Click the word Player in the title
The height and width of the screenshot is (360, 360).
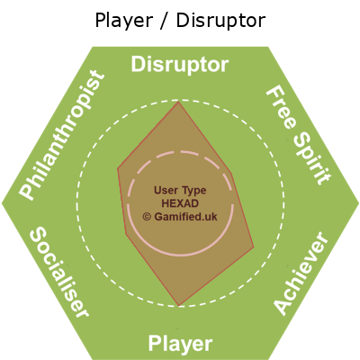point(124,21)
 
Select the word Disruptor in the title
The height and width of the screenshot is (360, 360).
point(220,21)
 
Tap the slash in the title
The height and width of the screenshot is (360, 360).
point(165,21)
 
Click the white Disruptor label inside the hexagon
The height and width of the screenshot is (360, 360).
point(180,64)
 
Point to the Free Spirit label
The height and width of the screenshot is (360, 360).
point(299,136)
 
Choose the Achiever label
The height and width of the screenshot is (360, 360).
point(301,274)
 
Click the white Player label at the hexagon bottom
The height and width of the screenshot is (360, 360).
point(180,344)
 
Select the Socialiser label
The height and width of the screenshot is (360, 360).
point(59,272)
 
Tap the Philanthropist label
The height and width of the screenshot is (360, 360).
point(62,135)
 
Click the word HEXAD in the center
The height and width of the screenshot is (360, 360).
point(180,203)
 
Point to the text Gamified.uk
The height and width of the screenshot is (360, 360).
point(185,217)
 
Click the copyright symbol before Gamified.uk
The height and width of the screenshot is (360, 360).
point(147,217)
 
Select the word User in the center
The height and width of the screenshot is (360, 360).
point(164,190)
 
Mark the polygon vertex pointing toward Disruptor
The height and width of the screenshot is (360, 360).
point(178,102)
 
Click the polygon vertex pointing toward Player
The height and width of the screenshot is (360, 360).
point(179,306)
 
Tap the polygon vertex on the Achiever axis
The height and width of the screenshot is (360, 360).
point(254,247)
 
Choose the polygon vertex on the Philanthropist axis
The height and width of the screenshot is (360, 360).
point(118,168)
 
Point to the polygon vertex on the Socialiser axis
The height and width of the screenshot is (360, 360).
point(126,234)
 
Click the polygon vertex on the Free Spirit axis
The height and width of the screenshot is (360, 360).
point(231,174)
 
